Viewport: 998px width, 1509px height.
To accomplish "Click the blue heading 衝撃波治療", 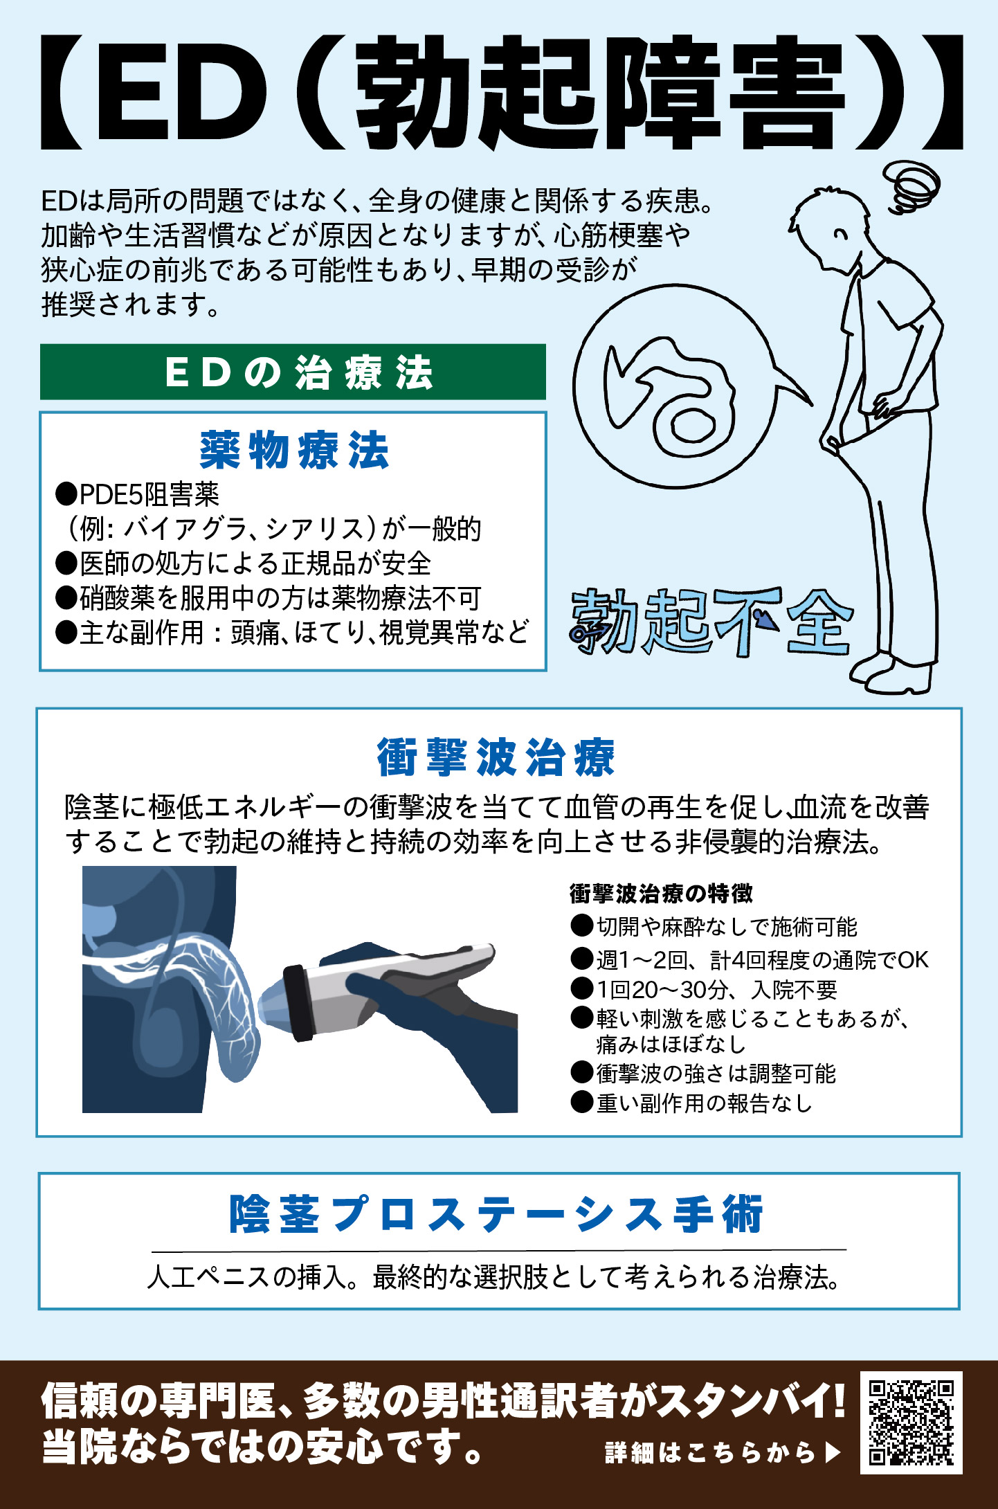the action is (496, 757).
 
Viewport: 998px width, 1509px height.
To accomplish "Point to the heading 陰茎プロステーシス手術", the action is (496, 1215).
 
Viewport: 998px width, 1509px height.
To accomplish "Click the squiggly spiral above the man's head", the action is (911, 185).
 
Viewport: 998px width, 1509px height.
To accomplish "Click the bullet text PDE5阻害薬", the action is (149, 494).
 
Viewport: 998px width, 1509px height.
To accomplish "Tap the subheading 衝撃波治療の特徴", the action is (661, 893).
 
